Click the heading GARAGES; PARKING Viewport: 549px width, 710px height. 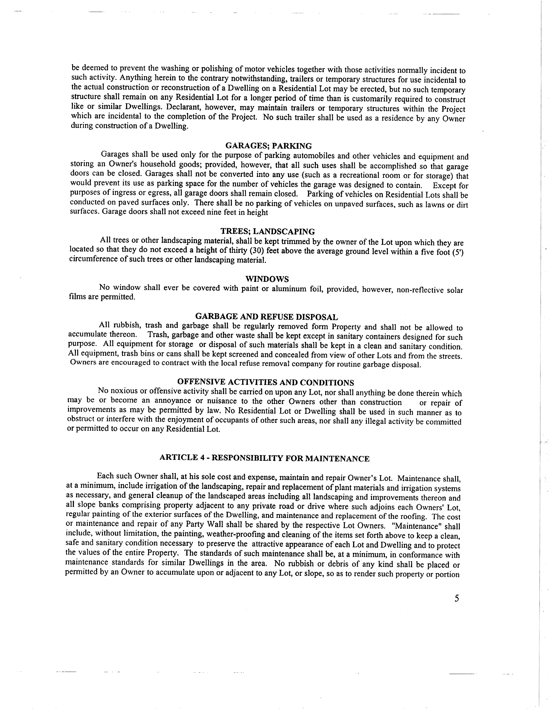pyautogui.click(x=268, y=146)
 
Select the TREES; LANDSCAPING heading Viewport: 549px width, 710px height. pyautogui.click(x=268, y=232)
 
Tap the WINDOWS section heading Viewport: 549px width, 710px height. pyautogui.click(x=267, y=279)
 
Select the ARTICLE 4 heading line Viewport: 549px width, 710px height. pyautogui.click(x=264, y=458)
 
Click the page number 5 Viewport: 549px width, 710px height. pyautogui.click(x=457, y=598)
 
